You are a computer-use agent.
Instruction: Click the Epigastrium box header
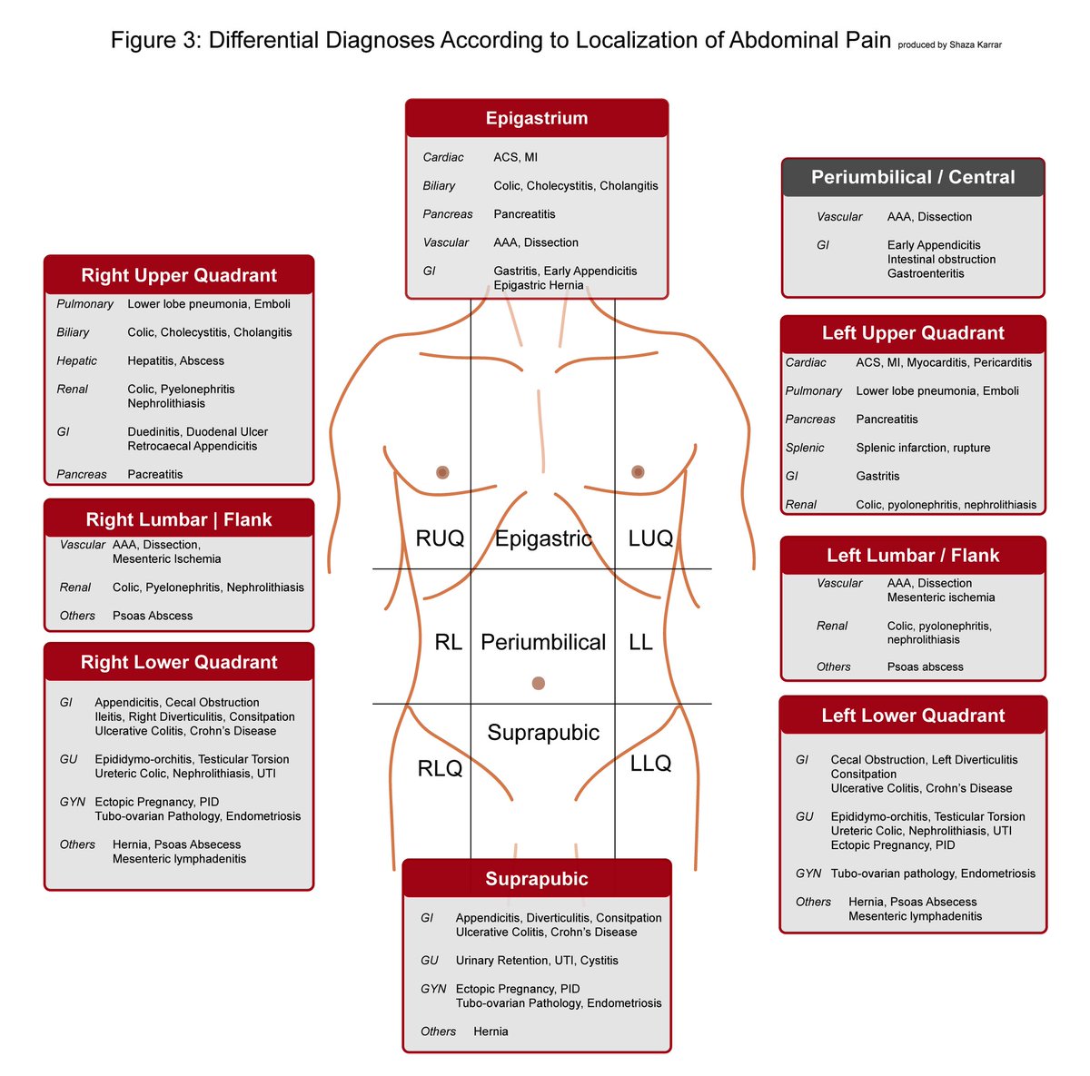pyautogui.click(x=536, y=118)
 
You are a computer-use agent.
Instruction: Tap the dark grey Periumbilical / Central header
pyautogui.click(x=913, y=177)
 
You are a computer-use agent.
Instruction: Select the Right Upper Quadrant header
pyautogui.click(x=179, y=275)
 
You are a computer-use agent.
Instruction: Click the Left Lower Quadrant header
pyautogui.click(x=913, y=716)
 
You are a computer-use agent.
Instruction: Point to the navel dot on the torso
pyautogui.click(x=538, y=683)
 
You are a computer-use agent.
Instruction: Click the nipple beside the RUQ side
pyautogui.click(x=442, y=472)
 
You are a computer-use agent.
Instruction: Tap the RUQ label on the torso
pyautogui.click(x=440, y=538)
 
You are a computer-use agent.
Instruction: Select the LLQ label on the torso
pyautogui.click(x=650, y=764)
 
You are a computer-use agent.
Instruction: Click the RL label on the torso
pyautogui.click(x=448, y=642)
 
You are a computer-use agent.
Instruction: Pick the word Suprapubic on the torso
pyautogui.click(x=543, y=733)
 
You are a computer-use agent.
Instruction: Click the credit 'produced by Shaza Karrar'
pyautogui.click(x=949, y=44)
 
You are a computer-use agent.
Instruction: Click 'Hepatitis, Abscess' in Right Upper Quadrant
pyautogui.click(x=175, y=360)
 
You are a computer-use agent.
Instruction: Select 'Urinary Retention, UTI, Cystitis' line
pyautogui.click(x=537, y=960)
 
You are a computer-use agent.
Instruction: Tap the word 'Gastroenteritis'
pyautogui.click(x=926, y=273)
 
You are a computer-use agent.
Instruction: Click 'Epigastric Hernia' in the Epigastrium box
pyautogui.click(x=539, y=285)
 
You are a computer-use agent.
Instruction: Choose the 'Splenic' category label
pyautogui.click(x=805, y=448)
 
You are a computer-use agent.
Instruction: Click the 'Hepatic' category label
pyautogui.click(x=76, y=360)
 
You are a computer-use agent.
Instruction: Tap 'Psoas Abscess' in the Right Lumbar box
pyautogui.click(x=153, y=616)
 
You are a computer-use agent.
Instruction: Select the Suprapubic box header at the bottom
pyautogui.click(x=536, y=879)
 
